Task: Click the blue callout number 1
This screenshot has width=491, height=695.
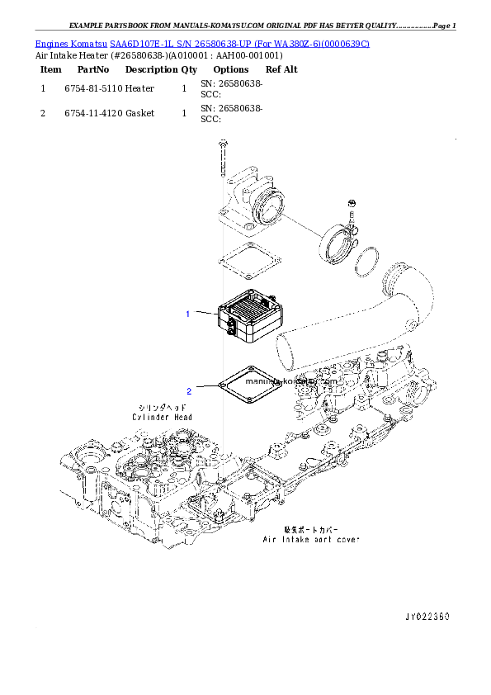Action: point(188,314)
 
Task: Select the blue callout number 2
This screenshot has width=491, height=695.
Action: point(188,391)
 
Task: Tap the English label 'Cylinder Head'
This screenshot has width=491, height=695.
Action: point(162,418)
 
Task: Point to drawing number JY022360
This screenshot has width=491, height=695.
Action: point(427,617)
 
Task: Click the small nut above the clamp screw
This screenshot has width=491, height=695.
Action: point(352,203)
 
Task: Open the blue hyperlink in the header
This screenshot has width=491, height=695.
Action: point(202,42)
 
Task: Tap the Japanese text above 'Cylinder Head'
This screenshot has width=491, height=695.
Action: point(162,408)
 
